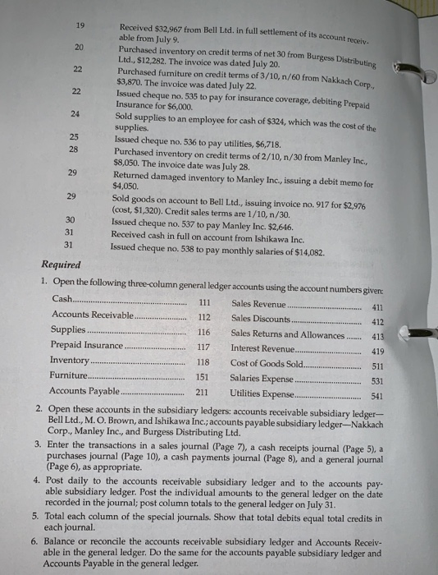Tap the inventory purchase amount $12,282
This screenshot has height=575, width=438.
[x=153, y=60]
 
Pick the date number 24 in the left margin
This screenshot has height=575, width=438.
[x=75, y=113]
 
